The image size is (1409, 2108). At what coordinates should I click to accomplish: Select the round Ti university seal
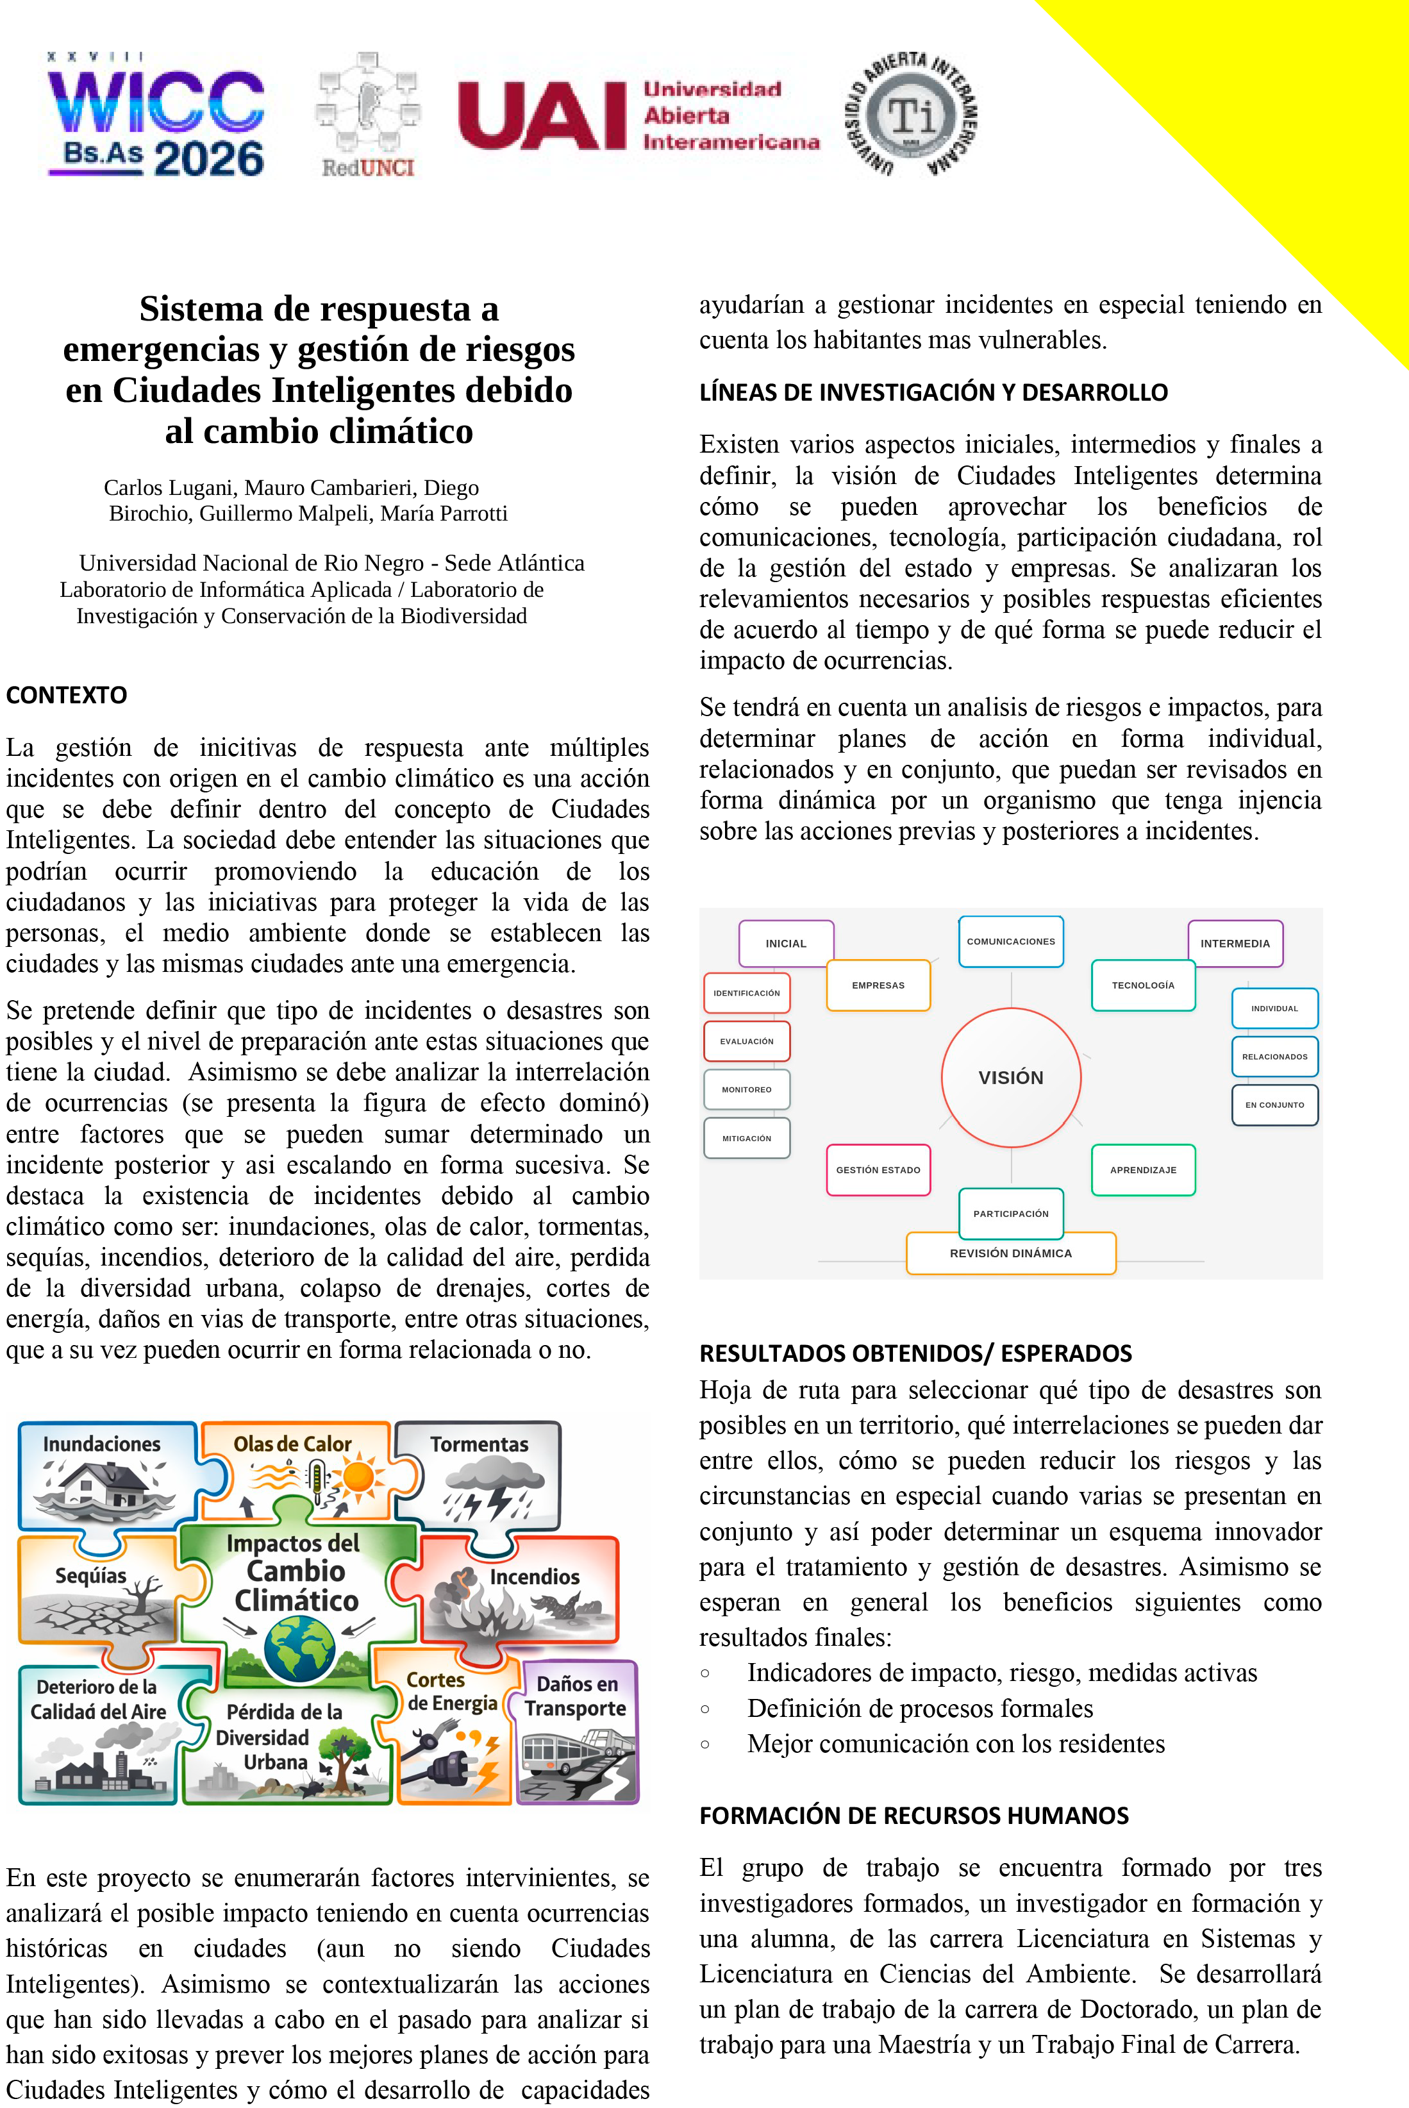point(911,115)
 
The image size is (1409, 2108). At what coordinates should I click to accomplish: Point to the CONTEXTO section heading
point(67,694)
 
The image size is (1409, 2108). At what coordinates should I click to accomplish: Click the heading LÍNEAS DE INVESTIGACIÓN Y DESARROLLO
point(933,392)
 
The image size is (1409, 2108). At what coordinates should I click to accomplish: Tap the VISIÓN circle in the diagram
point(1011,1077)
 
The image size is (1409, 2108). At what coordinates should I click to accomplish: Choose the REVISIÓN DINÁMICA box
point(1011,1253)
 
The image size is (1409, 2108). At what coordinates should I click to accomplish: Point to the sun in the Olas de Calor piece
point(358,1476)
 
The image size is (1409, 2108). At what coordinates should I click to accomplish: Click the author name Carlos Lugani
point(170,488)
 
